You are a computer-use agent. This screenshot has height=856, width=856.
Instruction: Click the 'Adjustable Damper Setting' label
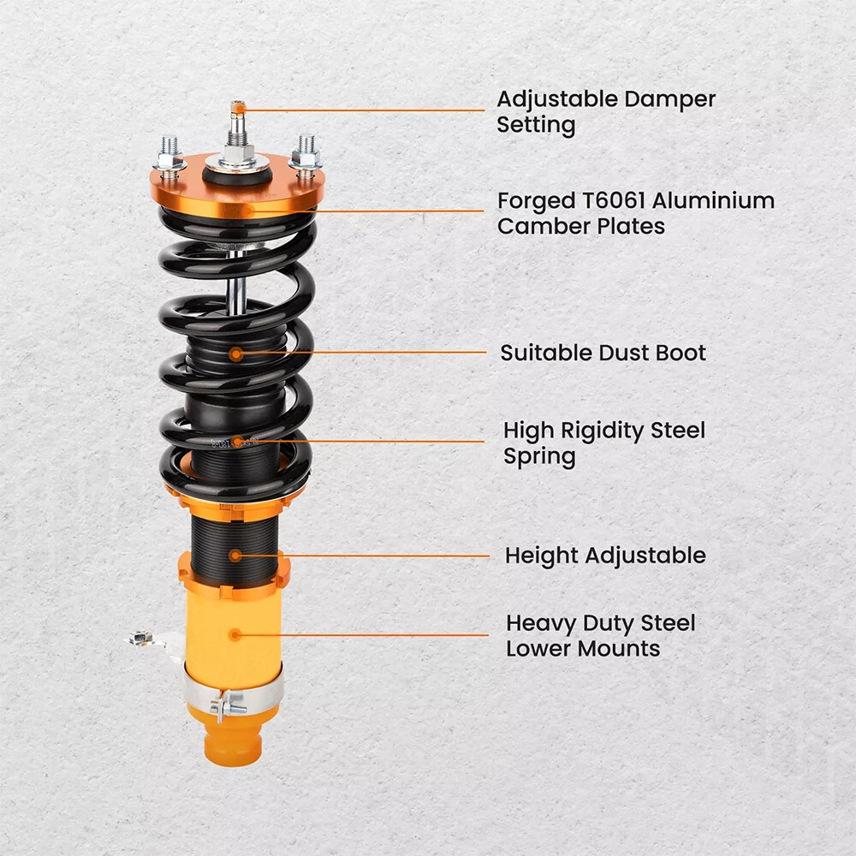coord(605,112)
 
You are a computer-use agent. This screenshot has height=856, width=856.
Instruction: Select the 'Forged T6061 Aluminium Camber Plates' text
coord(635,213)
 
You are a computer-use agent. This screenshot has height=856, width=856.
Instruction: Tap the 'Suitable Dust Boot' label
coord(603,353)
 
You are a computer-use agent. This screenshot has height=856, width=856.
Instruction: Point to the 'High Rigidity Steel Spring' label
coord(603,443)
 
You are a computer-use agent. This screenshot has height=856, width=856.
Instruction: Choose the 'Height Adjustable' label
coord(605,556)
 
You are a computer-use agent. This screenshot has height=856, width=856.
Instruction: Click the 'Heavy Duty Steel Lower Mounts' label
coord(601,635)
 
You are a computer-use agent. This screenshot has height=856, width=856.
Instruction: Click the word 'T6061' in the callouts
coord(613,200)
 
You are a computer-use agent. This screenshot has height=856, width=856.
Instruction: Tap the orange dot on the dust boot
coord(236,354)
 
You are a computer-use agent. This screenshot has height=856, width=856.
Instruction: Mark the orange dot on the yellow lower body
coord(235,635)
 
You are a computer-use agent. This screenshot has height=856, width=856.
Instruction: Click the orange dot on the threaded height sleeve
coord(235,556)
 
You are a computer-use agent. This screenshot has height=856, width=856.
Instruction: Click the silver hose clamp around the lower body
coord(234,689)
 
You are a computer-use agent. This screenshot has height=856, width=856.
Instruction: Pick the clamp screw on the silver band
coord(229,706)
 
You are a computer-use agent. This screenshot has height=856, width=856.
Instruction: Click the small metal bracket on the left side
coord(147,639)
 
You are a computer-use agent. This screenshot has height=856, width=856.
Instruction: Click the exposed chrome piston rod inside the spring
coord(236,281)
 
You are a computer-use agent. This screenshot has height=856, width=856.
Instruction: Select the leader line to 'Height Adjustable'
coord(362,556)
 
